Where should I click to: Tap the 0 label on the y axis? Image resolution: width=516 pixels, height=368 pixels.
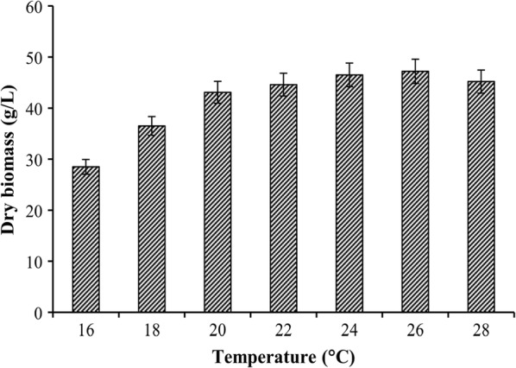pos(38,313)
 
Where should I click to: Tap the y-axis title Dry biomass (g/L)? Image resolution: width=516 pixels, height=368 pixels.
pos(12,160)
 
